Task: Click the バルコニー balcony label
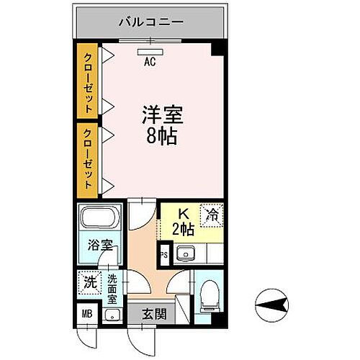(151, 22)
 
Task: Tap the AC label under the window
(150, 62)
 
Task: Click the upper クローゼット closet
(87, 83)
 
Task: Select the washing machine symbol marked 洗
(90, 283)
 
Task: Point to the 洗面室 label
(113, 287)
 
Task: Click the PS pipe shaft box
(163, 254)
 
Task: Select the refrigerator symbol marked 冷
(212, 213)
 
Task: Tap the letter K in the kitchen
(184, 214)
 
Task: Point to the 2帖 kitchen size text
(183, 230)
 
